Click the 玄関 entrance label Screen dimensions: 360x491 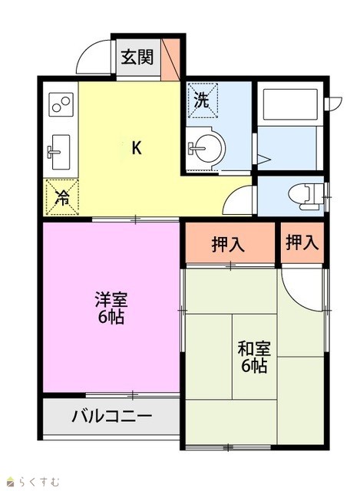tap(137, 57)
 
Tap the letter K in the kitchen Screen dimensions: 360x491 tap(137, 147)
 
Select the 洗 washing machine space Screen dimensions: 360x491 tap(203, 101)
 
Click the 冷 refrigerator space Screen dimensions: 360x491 tap(62, 197)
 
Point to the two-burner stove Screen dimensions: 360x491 tap(61, 104)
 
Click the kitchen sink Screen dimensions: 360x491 tap(59, 152)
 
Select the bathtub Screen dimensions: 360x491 tap(290, 104)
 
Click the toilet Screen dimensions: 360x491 tap(306, 196)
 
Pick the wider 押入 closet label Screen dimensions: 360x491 tap(228, 244)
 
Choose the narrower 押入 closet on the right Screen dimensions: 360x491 tap(302, 242)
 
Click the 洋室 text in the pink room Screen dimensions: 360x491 tap(111, 300)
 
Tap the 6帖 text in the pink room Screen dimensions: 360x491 tap(111, 317)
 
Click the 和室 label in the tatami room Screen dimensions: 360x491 tap(254, 348)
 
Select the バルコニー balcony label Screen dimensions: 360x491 tap(112, 416)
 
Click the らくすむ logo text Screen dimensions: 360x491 tap(38, 481)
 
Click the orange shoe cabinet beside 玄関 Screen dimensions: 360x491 tap(170, 58)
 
